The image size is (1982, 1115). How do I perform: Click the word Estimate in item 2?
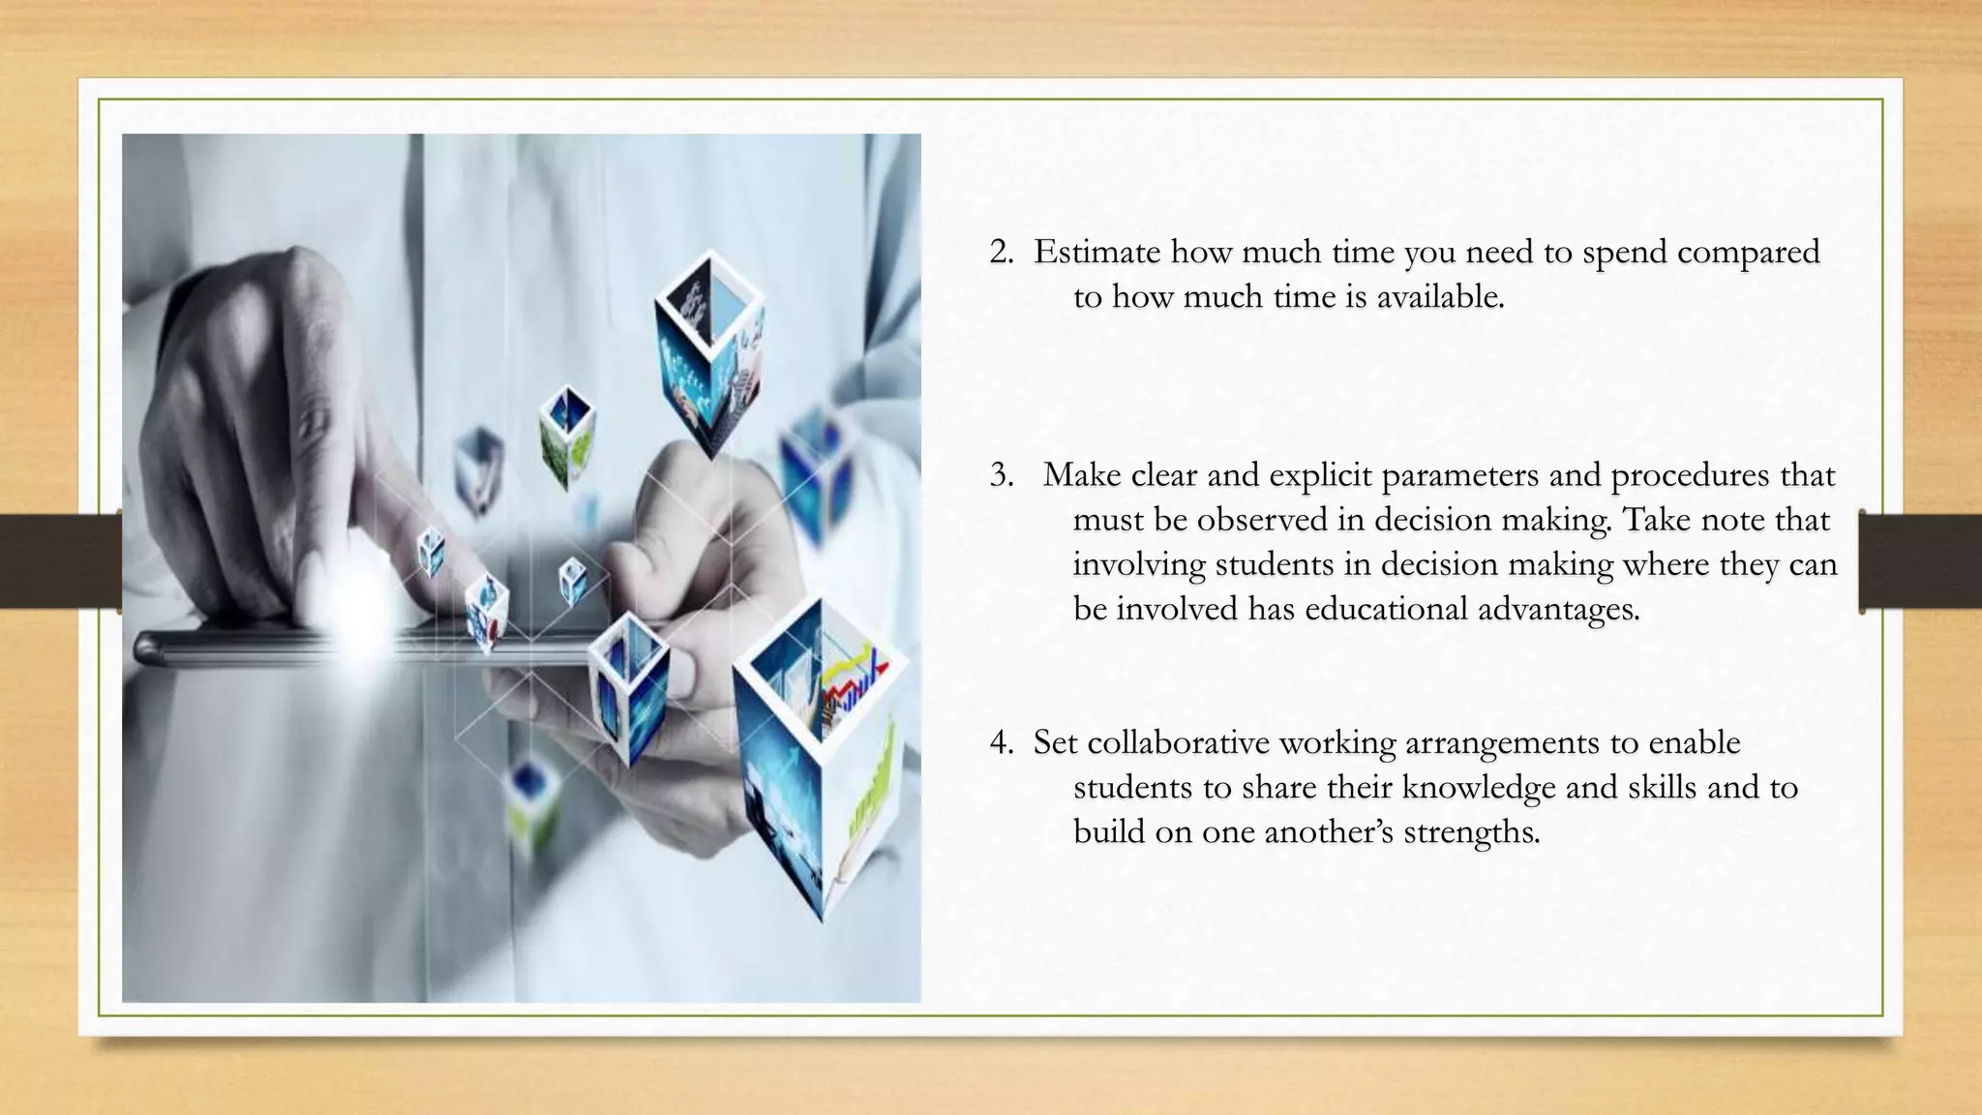(x=1096, y=253)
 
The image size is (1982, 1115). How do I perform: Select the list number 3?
(x=1001, y=476)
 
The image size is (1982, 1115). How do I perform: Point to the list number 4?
(x=1001, y=743)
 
